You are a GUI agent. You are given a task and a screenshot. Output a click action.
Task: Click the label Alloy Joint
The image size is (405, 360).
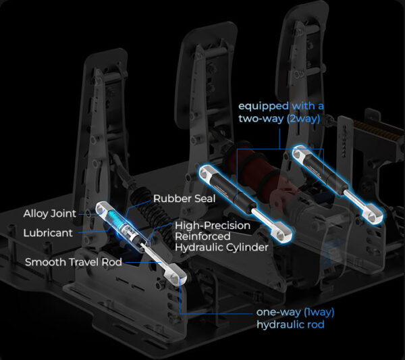[x=49, y=213]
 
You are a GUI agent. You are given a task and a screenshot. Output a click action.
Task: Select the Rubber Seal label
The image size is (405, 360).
[x=184, y=199]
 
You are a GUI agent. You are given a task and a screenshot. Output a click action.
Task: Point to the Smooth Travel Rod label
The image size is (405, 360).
[x=74, y=261]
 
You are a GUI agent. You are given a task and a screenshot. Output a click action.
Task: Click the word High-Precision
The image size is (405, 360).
[x=213, y=225]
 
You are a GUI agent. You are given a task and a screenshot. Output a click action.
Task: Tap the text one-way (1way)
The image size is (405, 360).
[x=295, y=313]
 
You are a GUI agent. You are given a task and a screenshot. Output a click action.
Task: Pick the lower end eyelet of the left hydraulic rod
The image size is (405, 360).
[x=178, y=278]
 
